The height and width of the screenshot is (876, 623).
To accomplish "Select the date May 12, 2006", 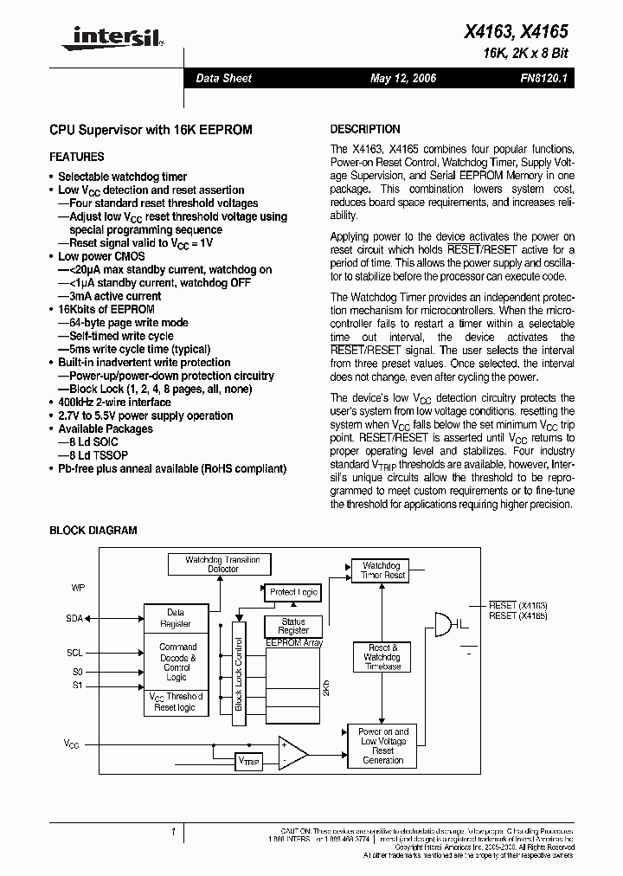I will [x=403, y=79].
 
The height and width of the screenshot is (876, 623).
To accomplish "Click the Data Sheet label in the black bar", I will [x=223, y=79].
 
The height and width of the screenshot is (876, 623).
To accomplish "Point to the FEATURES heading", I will [x=76, y=157].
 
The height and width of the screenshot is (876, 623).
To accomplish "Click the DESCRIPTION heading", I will [x=365, y=129].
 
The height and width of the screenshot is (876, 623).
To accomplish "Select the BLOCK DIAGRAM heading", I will [x=93, y=531].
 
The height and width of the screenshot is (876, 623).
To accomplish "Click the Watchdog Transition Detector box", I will [x=222, y=564].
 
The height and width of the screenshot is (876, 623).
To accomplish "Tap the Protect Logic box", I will [x=293, y=592].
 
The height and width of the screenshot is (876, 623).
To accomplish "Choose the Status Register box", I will [x=293, y=626].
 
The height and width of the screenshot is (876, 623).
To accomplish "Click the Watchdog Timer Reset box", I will [x=382, y=570].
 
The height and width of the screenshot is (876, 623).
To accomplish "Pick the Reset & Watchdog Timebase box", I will [x=382, y=657].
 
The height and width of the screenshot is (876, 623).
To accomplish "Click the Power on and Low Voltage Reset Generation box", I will [x=382, y=745].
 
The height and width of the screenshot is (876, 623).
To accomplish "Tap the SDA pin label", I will [x=74, y=619].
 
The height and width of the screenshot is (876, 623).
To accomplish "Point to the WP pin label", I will [x=77, y=588].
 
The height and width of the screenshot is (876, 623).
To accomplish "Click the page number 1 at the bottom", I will [x=173, y=832].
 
